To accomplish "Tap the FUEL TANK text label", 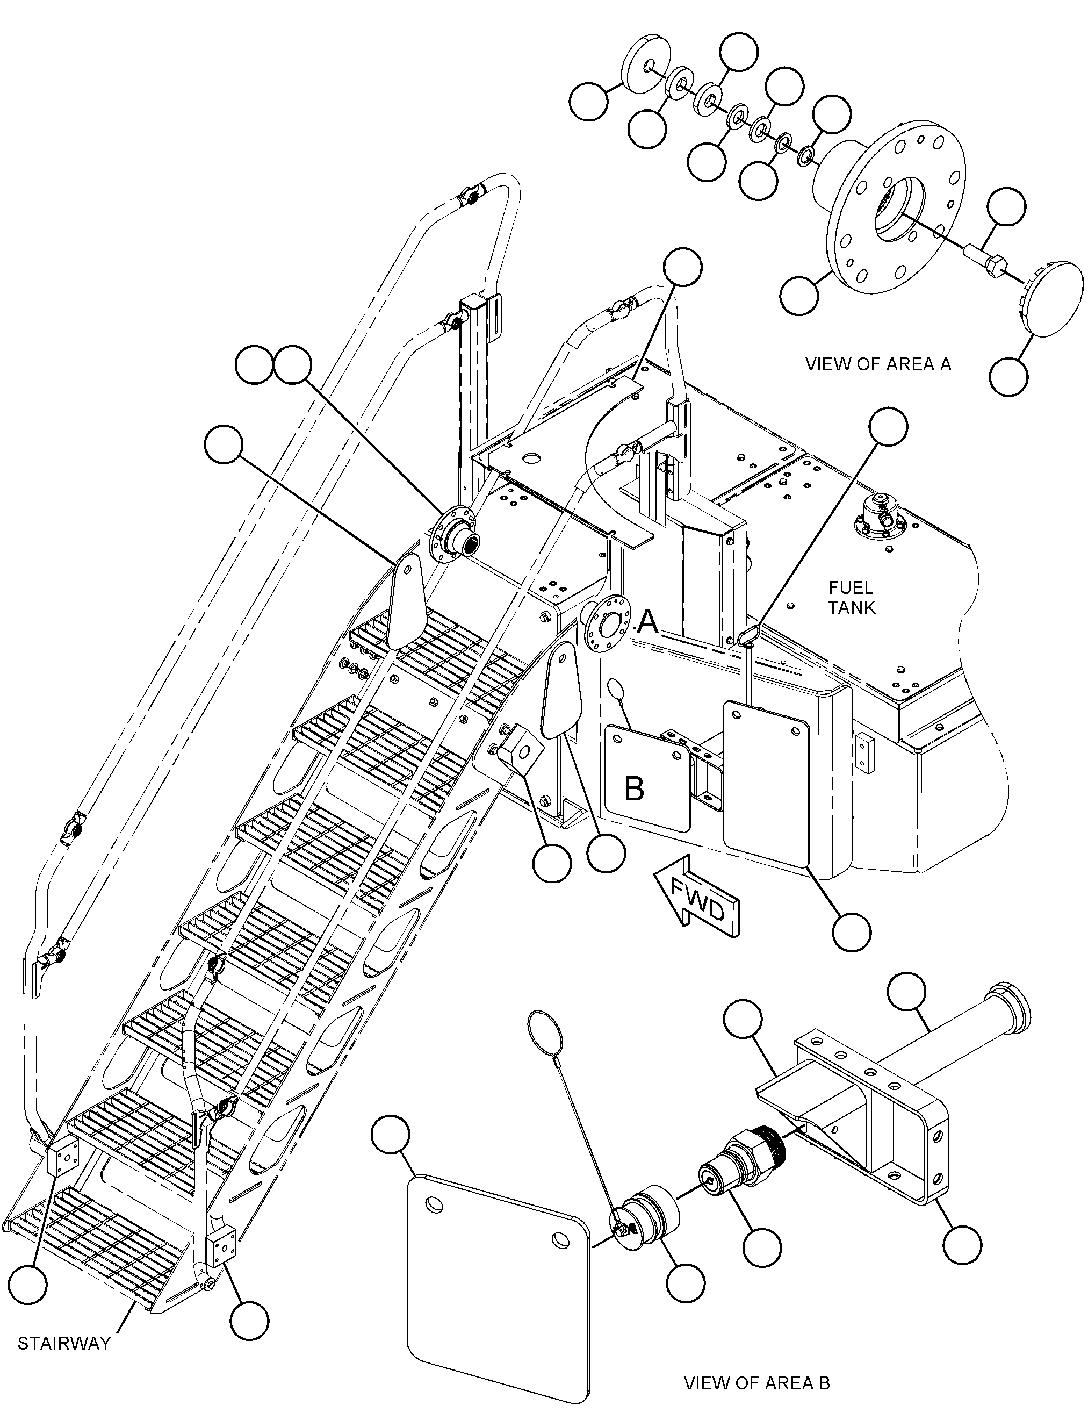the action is [x=851, y=597].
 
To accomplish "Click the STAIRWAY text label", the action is [x=64, y=1344].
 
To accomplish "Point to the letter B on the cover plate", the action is [x=634, y=788].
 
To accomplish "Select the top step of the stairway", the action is [x=441, y=648].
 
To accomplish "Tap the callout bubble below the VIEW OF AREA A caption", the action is [x=1008, y=376].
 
